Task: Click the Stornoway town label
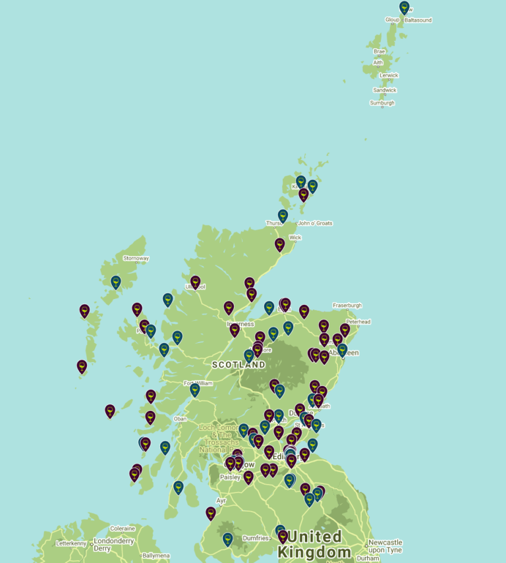[x=136, y=258]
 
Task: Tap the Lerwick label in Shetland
[x=389, y=75]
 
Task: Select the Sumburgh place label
[x=382, y=103]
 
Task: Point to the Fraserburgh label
[x=348, y=306]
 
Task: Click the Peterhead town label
[x=358, y=321]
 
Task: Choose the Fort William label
[x=198, y=383]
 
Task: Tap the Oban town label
[x=180, y=419]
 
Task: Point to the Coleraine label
[x=123, y=528]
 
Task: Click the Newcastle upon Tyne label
[x=385, y=546]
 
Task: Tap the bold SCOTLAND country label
[x=239, y=364]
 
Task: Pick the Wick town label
[x=295, y=237]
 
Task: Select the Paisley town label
[x=231, y=477]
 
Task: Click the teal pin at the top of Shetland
[x=405, y=7]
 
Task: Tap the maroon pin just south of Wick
[x=280, y=245]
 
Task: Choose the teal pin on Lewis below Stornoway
[x=116, y=282]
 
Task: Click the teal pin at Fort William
[x=195, y=390]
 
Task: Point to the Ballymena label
[x=155, y=556]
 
